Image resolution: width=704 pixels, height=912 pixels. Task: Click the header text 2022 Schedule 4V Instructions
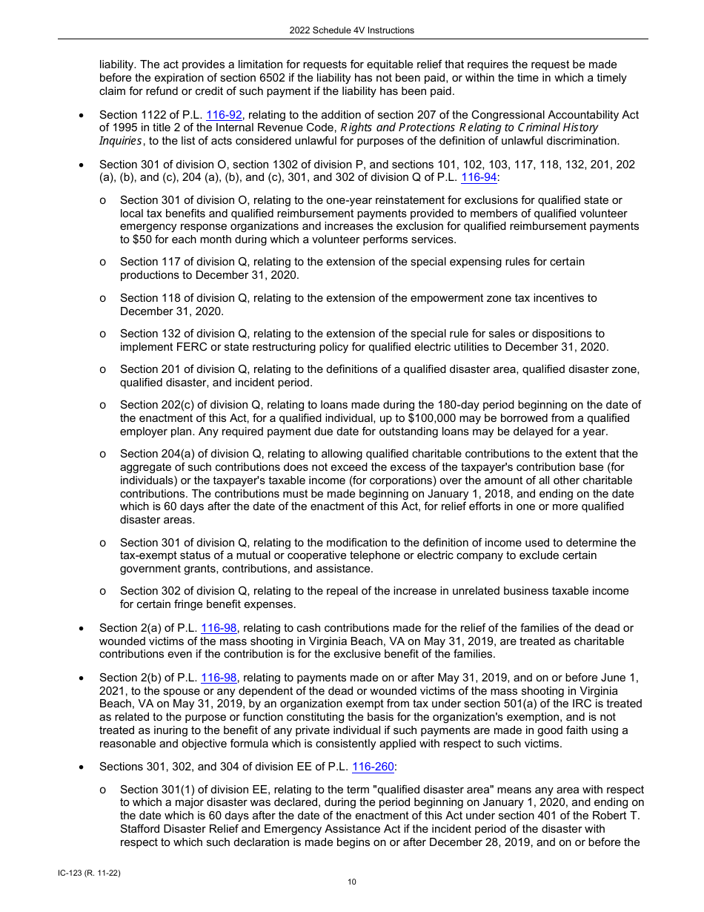(352, 30)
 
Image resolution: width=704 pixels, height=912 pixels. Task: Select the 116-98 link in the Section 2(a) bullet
(219, 628)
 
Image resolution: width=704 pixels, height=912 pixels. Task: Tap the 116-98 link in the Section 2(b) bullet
(219, 677)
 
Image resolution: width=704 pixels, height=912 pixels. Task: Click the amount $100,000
(406, 418)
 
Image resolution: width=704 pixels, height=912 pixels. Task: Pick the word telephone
(379, 555)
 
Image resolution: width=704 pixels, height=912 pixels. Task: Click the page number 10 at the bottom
(352, 882)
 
